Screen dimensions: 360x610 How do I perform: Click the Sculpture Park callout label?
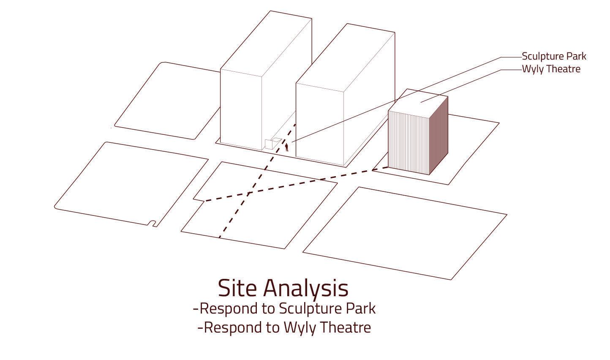(554, 56)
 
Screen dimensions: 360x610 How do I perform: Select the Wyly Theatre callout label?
(551, 69)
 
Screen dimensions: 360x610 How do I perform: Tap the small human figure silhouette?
(287, 147)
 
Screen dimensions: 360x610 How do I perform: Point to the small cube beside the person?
(269, 144)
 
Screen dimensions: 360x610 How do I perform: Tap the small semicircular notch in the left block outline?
(152, 224)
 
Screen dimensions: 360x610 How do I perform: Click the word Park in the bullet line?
(361, 309)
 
